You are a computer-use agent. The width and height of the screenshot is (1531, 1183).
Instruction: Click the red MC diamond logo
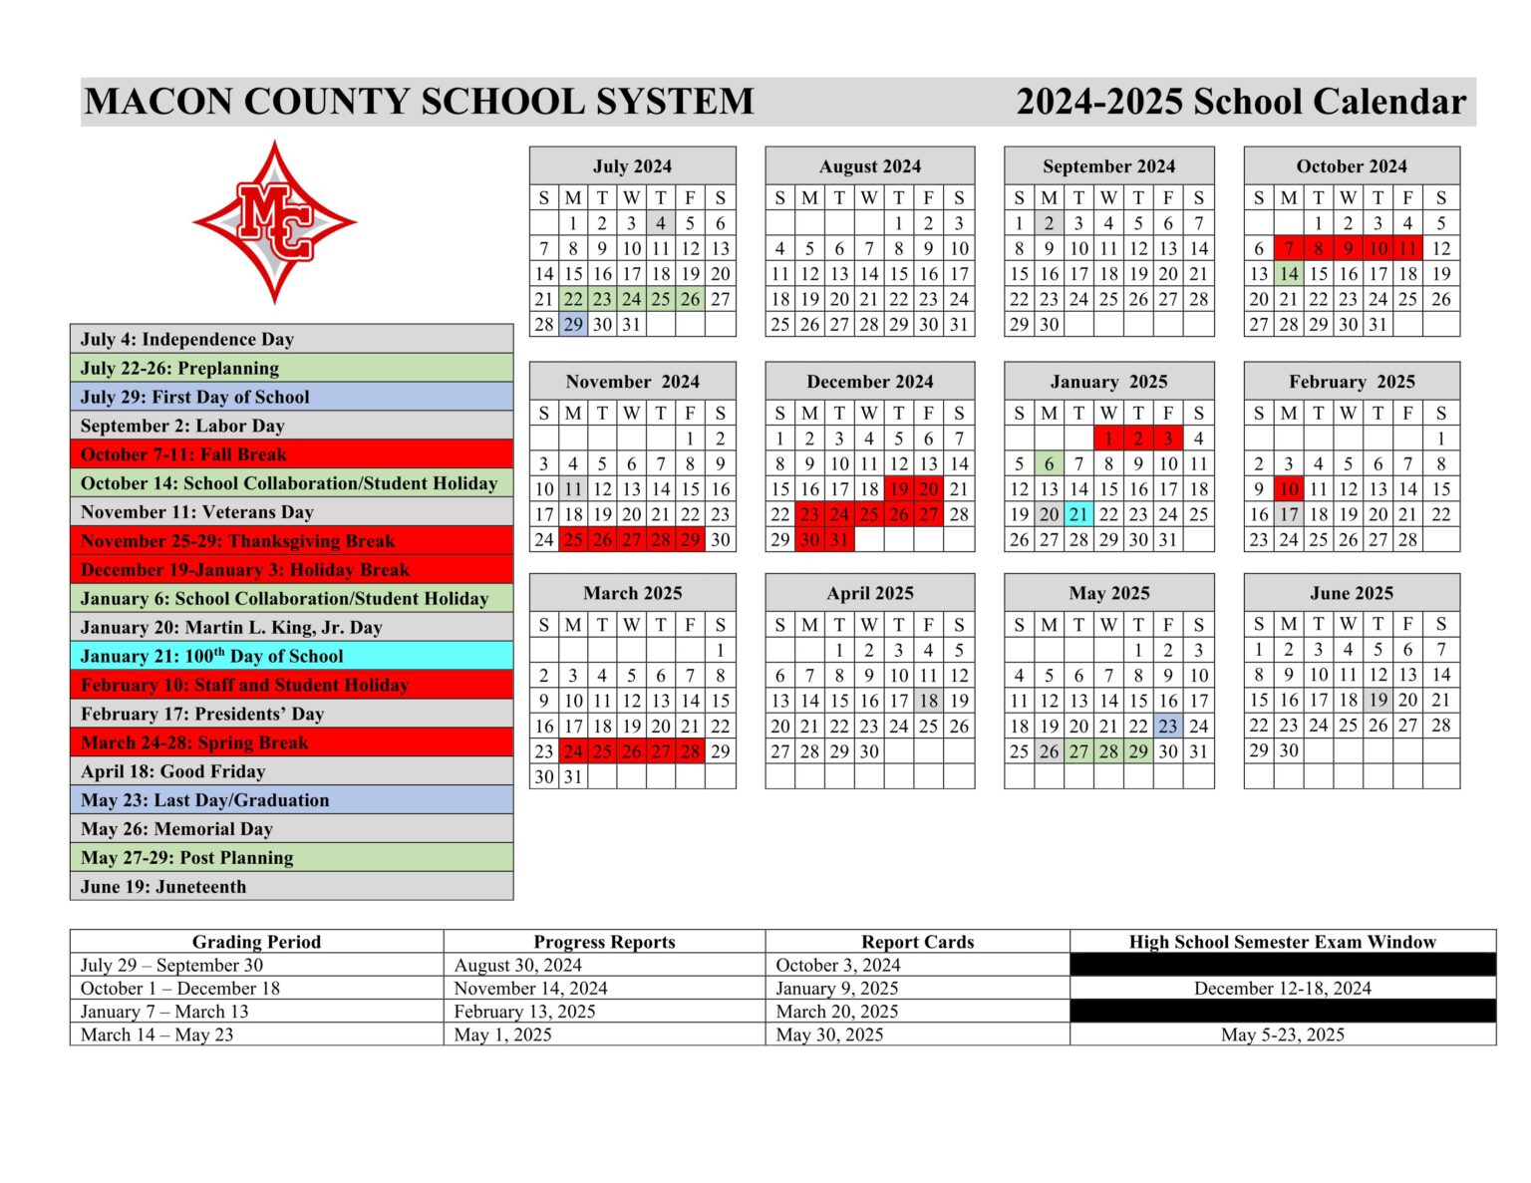pos(274,221)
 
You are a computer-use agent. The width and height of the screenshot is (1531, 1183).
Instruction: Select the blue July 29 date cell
pos(573,324)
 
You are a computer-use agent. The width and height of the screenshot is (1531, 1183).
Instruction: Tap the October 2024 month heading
pos(1351,165)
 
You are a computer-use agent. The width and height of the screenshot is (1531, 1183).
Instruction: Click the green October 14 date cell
pos(1289,273)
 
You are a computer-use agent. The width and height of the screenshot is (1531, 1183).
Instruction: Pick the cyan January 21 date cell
pos(1078,514)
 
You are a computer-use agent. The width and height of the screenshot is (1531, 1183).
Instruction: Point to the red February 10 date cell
pos(1289,489)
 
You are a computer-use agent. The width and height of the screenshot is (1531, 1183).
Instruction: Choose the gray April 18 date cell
pos(929,701)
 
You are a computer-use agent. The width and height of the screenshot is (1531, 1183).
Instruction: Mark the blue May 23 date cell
pos(1168,727)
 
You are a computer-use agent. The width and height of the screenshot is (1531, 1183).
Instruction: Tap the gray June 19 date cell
pos(1378,701)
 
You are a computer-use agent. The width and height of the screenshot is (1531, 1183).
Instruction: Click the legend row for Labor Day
pos(291,426)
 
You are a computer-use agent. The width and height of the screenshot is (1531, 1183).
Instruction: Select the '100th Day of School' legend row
pos(291,656)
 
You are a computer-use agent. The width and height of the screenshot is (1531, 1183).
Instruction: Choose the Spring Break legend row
pos(291,742)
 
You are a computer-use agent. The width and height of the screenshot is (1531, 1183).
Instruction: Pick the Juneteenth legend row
pos(291,886)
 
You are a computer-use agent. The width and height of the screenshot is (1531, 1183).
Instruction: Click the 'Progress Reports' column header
pos(604,942)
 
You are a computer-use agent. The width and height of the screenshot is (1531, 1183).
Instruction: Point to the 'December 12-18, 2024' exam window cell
pos(1282,989)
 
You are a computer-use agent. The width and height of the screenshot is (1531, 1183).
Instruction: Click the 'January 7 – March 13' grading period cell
pos(164,1012)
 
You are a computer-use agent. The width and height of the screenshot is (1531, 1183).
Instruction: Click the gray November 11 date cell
pos(573,489)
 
